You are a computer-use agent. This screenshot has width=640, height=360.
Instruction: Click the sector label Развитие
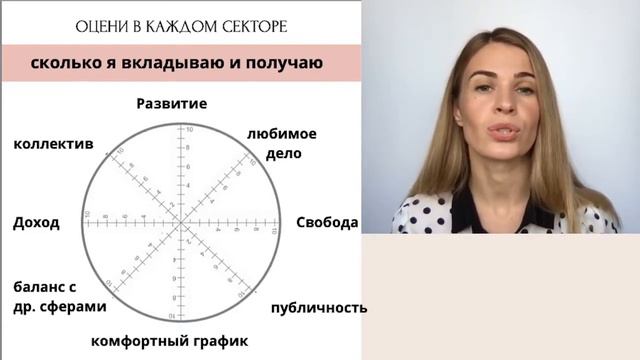(x=171, y=103)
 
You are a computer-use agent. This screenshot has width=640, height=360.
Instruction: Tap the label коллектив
(x=53, y=144)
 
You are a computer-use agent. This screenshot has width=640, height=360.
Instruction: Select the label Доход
(x=36, y=222)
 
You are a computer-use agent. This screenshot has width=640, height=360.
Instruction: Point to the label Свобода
(x=327, y=222)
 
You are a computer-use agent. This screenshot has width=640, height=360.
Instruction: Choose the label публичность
(x=318, y=307)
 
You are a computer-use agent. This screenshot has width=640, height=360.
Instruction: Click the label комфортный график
(x=169, y=341)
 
